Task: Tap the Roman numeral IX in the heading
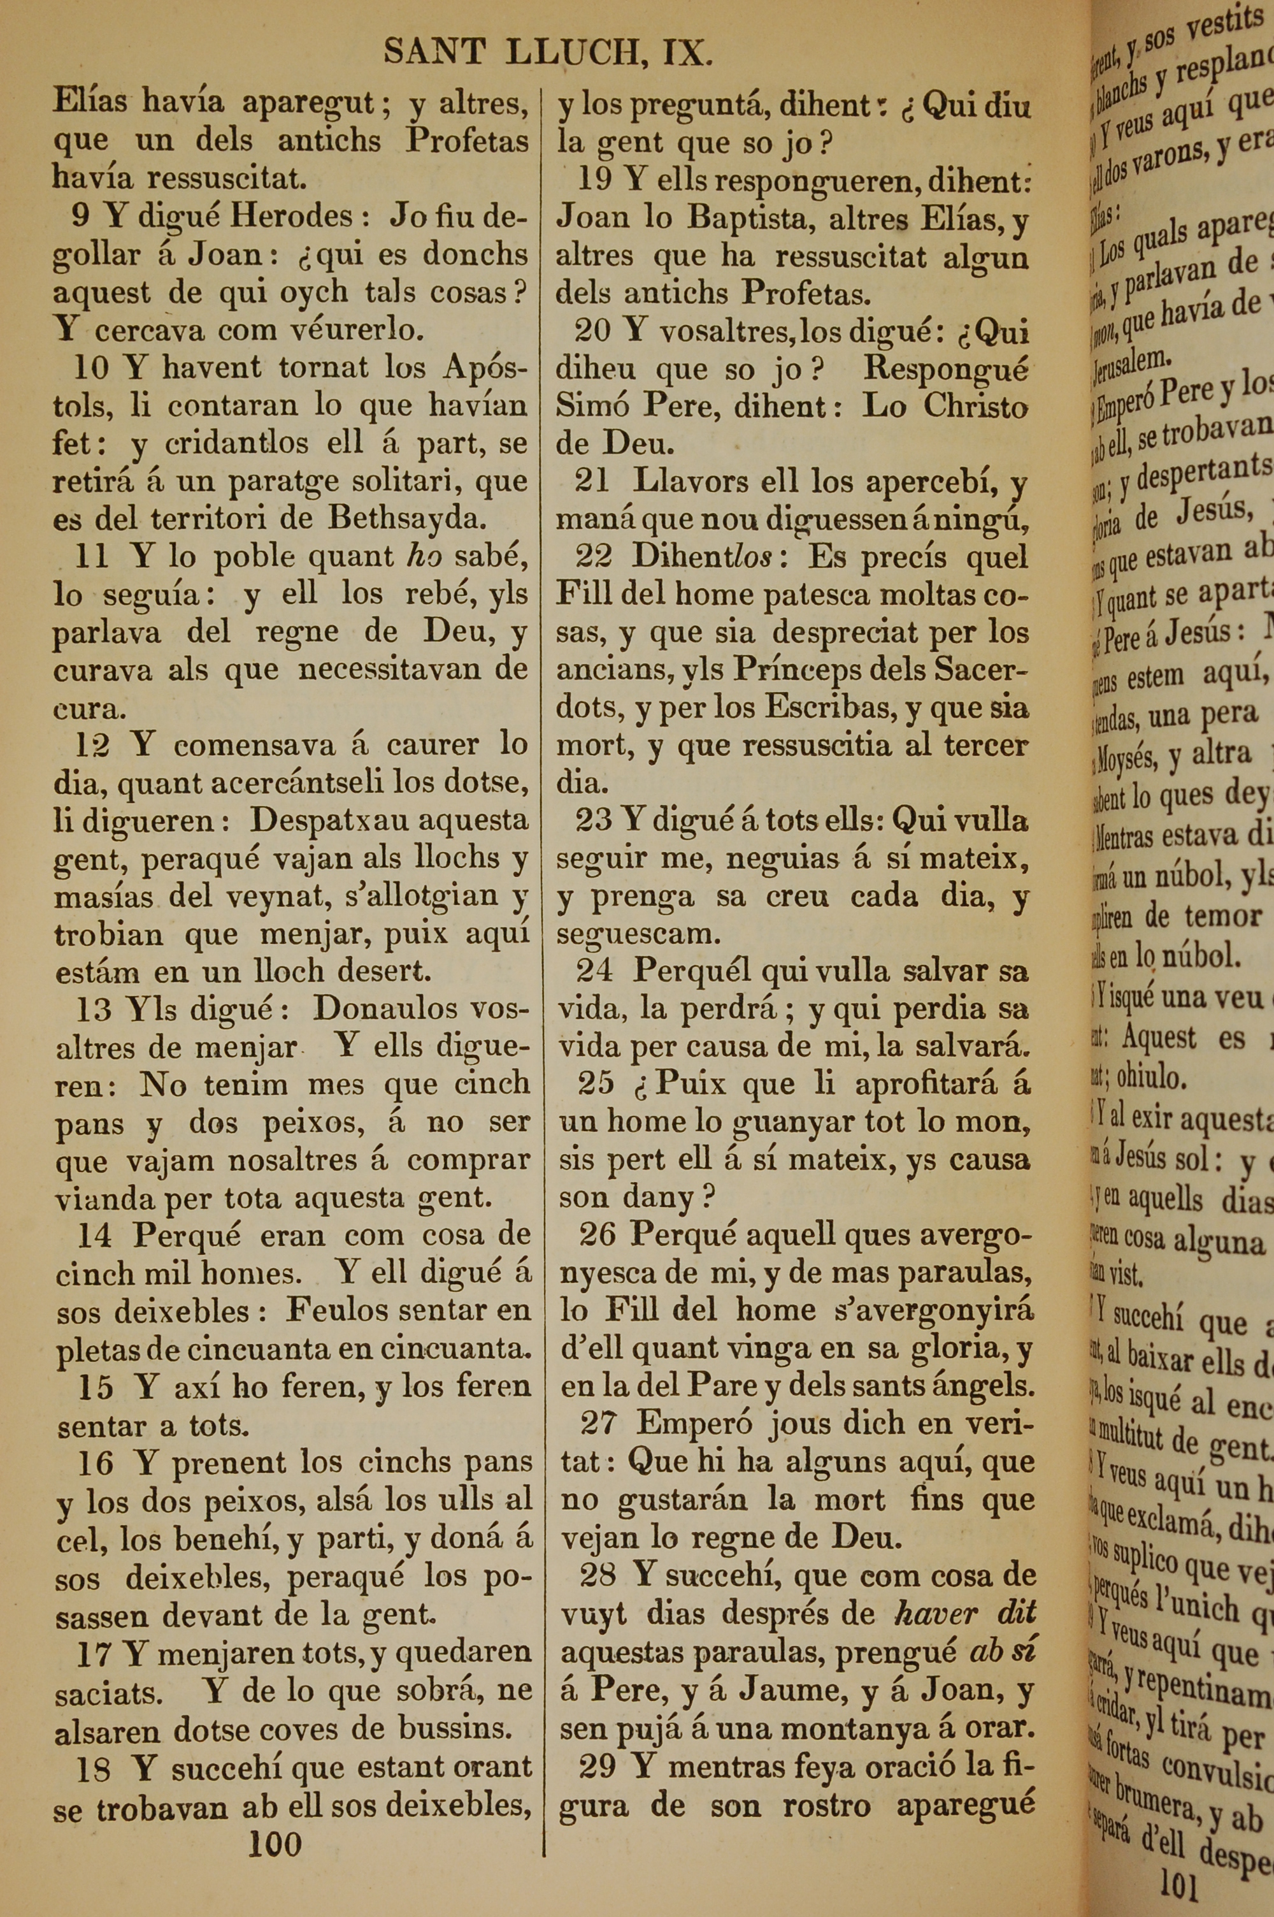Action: tap(687, 54)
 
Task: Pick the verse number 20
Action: tap(592, 331)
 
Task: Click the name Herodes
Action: tap(292, 217)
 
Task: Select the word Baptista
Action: tap(757, 219)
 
